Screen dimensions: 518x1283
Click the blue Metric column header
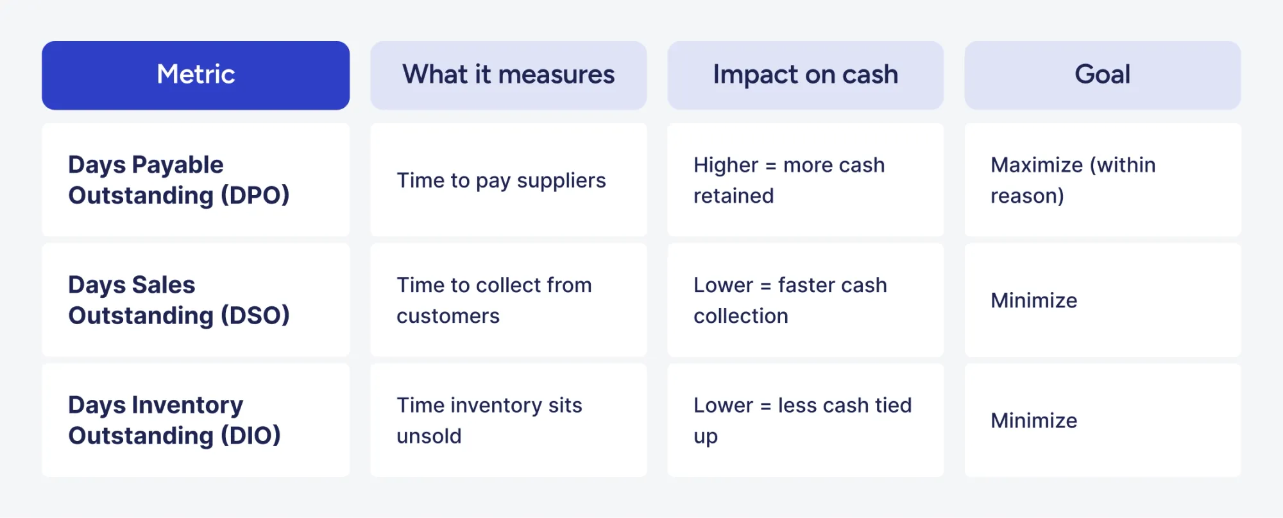pyautogui.click(x=196, y=75)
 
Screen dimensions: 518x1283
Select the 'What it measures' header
pyautogui.click(x=508, y=75)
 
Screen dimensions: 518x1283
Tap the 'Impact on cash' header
pyautogui.click(x=805, y=75)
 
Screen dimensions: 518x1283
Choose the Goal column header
pyautogui.click(x=1102, y=75)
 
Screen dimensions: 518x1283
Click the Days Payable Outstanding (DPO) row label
pyautogui.click(x=178, y=180)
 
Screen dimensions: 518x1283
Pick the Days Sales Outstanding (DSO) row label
pyautogui.click(x=178, y=300)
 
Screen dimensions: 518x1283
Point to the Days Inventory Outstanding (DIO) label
pyautogui.click(x=174, y=420)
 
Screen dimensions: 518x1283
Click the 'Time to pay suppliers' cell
pyautogui.click(x=501, y=180)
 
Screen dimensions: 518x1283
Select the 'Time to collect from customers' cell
pyautogui.click(x=494, y=300)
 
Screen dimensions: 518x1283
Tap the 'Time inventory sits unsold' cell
pyautogui.click(x=489, y=420)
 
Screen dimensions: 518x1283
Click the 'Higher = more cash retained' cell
pyautogui.click(x=789, y=180)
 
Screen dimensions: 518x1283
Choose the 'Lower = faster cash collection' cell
pyautogui.click(x=790, y=300)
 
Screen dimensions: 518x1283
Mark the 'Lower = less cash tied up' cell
pyautogui.click(x=802, y=420)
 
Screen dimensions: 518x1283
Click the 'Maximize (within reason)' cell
pyautogui.click(x=1073, y=180)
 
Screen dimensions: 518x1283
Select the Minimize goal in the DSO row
pyautogui.click(x=1033, y=300)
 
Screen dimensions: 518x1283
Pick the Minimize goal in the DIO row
pyautogui.click(x=1033, y=420)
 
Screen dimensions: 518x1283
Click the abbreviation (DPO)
pyautogui.click(x=255, y=195)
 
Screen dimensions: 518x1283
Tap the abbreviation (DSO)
pyautogui.click(x=255, y=315)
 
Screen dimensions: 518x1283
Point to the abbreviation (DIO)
pyautogui.click(x=251, y=435)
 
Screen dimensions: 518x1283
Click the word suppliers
pyautogui.click(x=561, y=181)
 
